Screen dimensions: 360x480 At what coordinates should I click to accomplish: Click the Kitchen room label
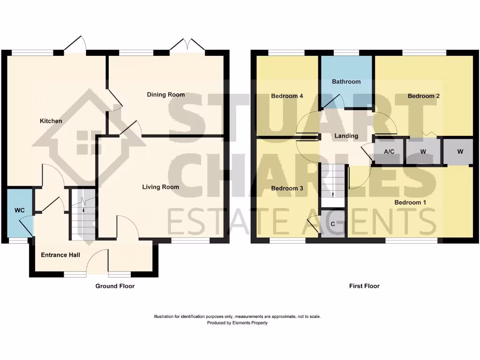[51, 121]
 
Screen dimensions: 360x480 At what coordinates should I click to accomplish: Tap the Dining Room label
[166, 95]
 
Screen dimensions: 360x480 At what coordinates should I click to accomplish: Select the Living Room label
[161, 187]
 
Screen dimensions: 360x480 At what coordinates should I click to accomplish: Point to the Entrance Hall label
[60, 255]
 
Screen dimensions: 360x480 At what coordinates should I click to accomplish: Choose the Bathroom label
[346, 82]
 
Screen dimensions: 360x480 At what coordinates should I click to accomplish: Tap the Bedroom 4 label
[287, 96]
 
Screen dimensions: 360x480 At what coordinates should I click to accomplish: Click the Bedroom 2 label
[423, 96]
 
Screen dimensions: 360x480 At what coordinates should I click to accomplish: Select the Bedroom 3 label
[287, 188]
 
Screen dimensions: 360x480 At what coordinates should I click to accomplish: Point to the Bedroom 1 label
[410, 202]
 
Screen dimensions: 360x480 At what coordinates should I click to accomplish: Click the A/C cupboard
[389, 151]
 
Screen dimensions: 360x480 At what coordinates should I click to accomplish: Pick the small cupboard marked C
[333, 224]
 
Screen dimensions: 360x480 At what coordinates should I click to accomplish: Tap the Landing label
[346, 136]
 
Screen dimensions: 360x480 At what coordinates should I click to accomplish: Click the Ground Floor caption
[115, 286]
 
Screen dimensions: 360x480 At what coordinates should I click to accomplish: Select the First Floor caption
[364, 286]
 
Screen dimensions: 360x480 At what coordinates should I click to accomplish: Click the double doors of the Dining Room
[187, 46]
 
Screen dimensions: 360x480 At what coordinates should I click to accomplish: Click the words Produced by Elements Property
[237, 323]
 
